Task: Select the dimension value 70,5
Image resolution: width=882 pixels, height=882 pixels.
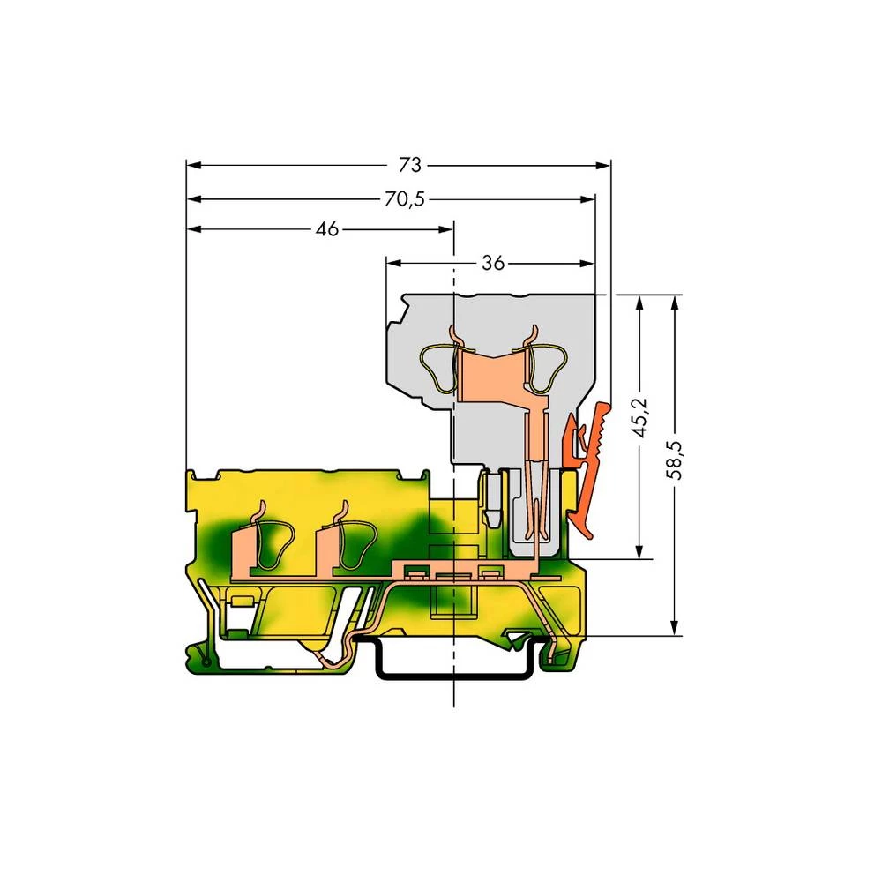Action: pos(403,198)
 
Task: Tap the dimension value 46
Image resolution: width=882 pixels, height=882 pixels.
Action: pos(326,229)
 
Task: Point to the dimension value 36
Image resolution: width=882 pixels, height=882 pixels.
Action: pos(493,263)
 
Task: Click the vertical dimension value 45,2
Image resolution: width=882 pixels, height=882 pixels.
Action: pos(641,417)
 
